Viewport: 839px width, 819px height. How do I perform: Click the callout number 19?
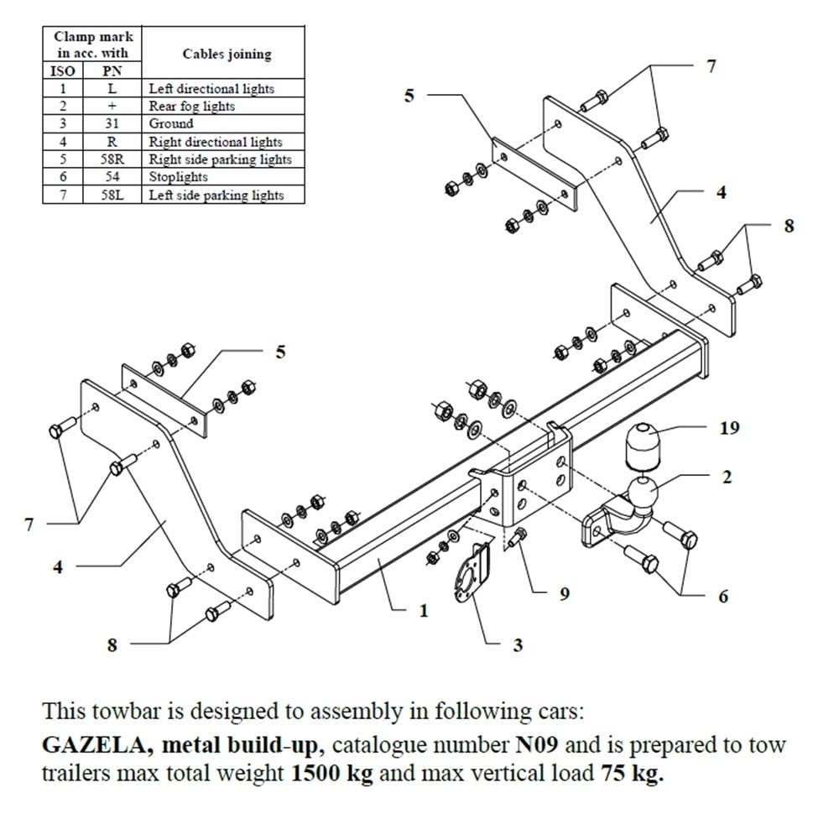(729, 428)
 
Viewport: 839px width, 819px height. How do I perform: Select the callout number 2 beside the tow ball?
(727, 477)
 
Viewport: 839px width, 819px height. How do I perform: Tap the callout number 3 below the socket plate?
(518, 644)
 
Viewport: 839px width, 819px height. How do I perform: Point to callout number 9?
(565, 593)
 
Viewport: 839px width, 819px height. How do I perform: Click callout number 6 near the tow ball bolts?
(723, 597)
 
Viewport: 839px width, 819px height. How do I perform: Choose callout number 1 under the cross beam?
(423, 611)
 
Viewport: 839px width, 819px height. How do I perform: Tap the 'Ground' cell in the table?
(171, 123)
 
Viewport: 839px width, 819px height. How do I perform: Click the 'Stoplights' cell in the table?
(179, 177)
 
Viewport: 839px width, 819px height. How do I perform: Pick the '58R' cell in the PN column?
(112, 159)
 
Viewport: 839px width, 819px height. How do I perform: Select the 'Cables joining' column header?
(227, 54)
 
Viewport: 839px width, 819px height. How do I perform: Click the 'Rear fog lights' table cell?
(192, 106)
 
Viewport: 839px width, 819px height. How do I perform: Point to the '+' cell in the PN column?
(112, 106)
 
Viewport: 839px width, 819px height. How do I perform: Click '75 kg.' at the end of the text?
(630, 773)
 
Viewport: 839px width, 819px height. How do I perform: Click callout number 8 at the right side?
(788, 225)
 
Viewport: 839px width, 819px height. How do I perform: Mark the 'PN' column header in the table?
(112, 71)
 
